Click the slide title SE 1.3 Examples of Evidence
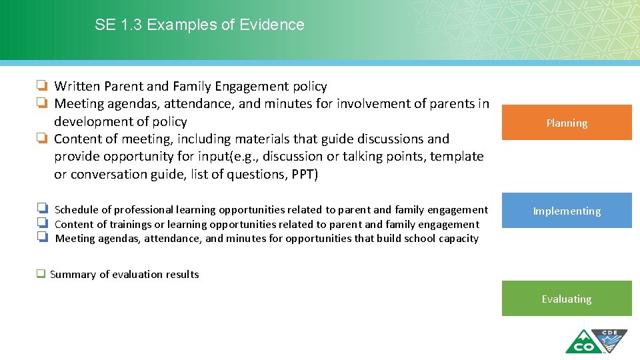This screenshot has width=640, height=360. tap(199, 25)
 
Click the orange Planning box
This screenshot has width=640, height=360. tap(566, 123)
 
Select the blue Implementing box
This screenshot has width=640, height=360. tap(566, 211)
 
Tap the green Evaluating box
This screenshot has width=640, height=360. tap(566, 299)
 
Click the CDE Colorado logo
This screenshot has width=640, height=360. tap(596, 341)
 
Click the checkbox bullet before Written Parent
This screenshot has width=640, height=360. tap(42, 86)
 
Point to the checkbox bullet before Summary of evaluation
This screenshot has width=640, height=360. tap(41, 274)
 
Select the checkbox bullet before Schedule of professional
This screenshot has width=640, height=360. tap(42, 209)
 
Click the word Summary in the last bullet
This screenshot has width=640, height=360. tap(73, 274)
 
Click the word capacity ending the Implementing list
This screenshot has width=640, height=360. tap(458, 238)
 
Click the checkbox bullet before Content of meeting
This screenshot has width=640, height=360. tap(42, 139)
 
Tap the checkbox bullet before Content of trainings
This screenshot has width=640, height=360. tap(42, 224)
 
